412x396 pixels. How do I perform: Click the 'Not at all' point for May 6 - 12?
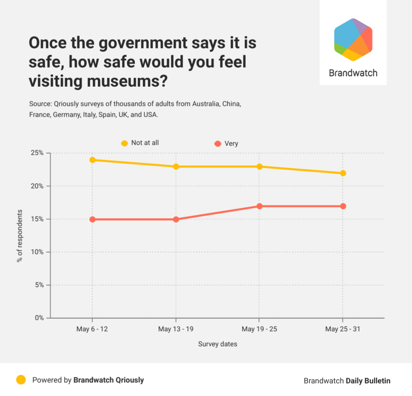click(92, 160)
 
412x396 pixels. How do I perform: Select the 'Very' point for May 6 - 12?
click(92, 219)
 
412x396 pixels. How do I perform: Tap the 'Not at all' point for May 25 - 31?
click(343, 173)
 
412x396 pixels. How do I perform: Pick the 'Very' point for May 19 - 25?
click(259, 206)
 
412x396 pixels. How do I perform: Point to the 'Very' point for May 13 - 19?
click(176, 219)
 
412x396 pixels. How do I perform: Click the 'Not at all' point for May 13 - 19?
click(176, 167)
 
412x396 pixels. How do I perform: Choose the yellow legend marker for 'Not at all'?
click(124, 143)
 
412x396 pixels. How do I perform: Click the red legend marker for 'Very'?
click(218, 144)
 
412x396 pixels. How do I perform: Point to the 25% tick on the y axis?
click(38, 153)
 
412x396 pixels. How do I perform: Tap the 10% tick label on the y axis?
click(38, 252)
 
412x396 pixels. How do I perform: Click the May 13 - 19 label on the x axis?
click(176, 329)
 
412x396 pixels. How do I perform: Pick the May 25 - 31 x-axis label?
click(343, 329)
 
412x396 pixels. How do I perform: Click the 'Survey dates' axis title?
click(218, 344)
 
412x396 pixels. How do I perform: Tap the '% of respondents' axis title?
click(20, 236)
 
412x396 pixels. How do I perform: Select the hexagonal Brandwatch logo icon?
click(353, 40)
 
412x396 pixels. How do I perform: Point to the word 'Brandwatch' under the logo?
click(353, 73)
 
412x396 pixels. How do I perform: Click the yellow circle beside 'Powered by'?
click(21, 380)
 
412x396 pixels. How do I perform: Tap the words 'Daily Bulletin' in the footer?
click(368, 381)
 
